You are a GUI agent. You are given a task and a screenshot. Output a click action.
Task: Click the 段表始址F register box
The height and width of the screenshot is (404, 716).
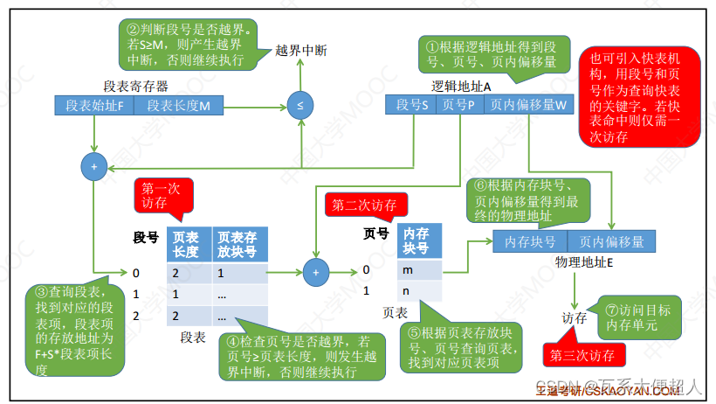[x=94, y=106]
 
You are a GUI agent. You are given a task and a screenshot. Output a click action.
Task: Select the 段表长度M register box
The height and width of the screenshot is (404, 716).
[x=178, y=106]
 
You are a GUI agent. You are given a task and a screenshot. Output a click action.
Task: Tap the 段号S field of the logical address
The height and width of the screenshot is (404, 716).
[x=411, y=105]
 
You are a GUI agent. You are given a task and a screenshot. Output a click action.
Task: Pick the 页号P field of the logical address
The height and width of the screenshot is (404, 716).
[x=458, y=105]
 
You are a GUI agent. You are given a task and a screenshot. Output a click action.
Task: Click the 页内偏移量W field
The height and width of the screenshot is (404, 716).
[x=527, y=105]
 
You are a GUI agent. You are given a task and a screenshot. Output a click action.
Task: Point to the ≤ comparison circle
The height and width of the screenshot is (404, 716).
[x=300, y=106]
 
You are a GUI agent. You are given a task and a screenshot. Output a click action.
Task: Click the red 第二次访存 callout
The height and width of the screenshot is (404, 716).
[x=363, y=205]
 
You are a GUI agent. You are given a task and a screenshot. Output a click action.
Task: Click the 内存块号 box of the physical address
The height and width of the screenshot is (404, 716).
[x=530, y=241]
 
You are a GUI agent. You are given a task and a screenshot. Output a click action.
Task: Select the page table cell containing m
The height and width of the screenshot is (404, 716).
[x=419, y=270]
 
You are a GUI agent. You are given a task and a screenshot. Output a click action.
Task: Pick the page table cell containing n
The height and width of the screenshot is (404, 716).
[x=419, y=290]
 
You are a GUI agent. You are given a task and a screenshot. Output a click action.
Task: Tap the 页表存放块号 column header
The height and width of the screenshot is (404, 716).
[x=239, y=245]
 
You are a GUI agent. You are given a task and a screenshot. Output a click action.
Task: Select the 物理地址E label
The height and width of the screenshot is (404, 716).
[x=584, y=261]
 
